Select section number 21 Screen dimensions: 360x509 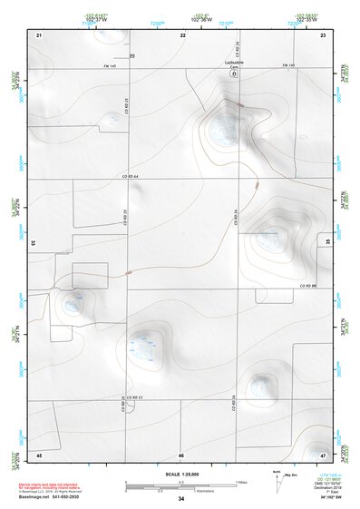pyautogui.click(x=39, y=34)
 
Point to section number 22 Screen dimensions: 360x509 pyautogui.click(x=182, y=34)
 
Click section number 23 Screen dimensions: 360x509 pyautogui.click(x=322, y=34)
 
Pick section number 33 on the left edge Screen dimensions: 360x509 pyautogui.click(x=34, y=243)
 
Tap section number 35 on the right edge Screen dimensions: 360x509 pyautogui.click(x=327, y=243)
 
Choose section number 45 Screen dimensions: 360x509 pyautogui.click(x=39, y=455)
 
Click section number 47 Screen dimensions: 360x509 pyautogui.click(x=323, y=455)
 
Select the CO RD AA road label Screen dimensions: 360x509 pyautogui.click(x=133, y=176)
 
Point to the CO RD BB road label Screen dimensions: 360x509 pyautogui.click(x=311, y=288)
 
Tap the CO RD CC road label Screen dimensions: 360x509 pyautogui.click(x=135, y=398)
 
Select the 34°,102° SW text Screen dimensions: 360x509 pyautogui.click(x=324, y=495)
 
